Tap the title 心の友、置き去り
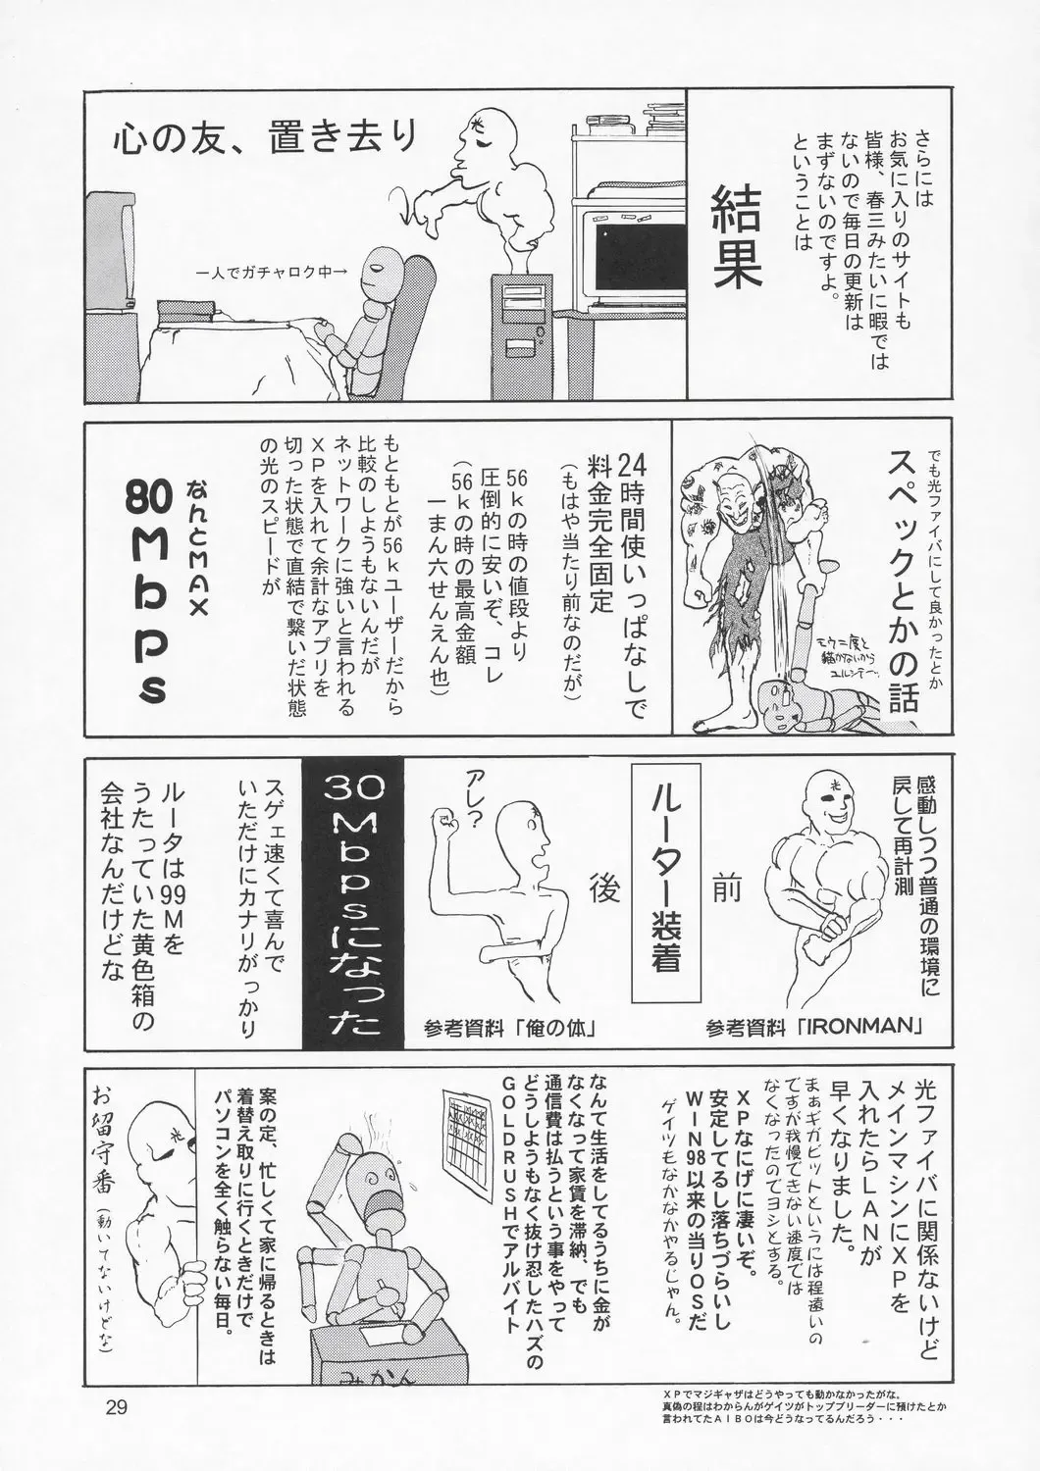[264, 140]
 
